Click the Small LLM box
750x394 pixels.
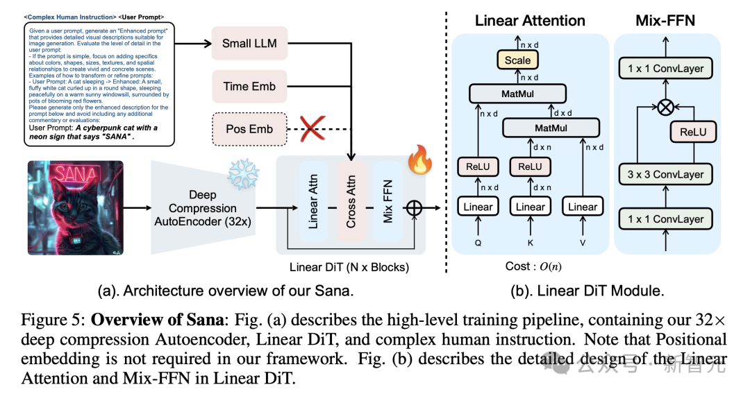(x=249, y=43)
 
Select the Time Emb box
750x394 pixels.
(x=249, y=86)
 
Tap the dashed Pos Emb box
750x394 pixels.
(x=249, y=129)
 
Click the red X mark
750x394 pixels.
(x=312, y=129)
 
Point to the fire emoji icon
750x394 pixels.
(x=420, y=162)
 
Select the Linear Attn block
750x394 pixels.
(x=312, y=200)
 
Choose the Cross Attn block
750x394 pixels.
(x=351, y=200)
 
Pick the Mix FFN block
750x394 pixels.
(x=388, y=200)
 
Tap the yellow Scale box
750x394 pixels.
(x=517, y=60)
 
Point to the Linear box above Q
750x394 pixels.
(x=478, y=207)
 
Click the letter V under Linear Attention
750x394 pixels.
(x=583, y=243)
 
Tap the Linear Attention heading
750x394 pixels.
(x=530, y=20)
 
